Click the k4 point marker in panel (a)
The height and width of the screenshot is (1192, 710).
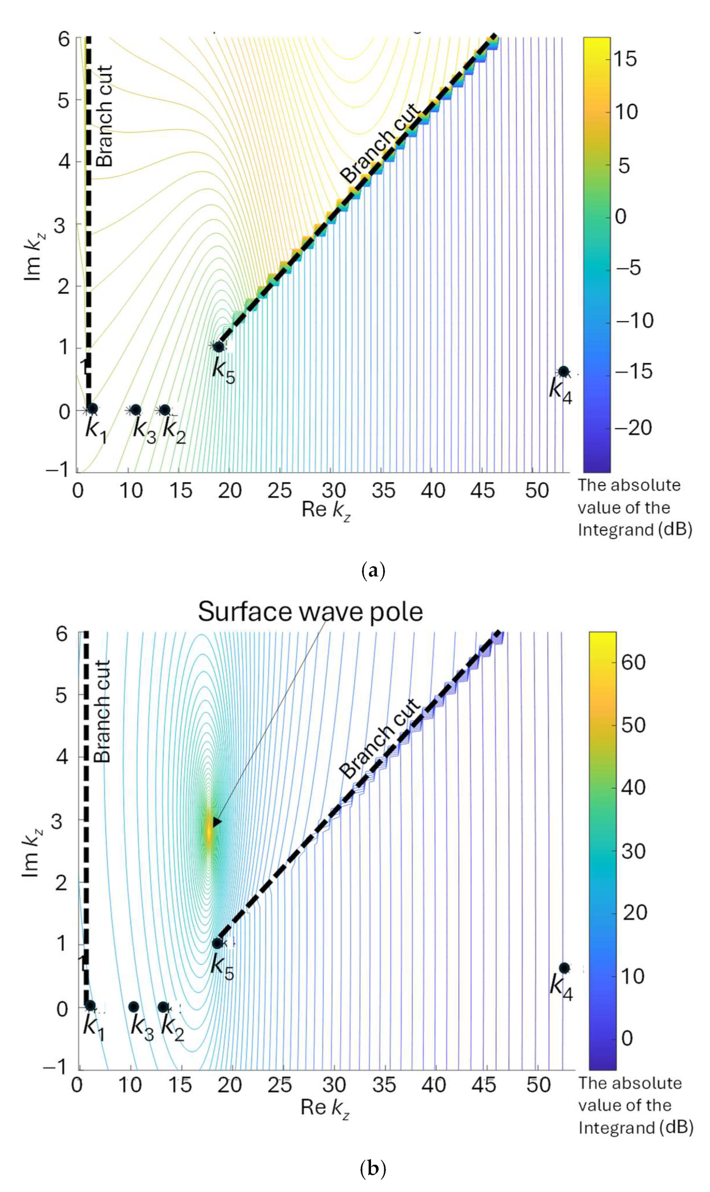pyautogui.click(x=563, y=371)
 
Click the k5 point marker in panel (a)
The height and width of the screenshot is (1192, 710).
pyautogui.click(x=219, y=347)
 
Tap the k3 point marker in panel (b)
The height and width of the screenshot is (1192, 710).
pyautogui.click(x=134, y=1007)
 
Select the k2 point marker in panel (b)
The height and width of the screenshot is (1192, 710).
pyautogui.click(x=163, y=1007)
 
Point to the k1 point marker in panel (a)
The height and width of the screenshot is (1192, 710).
pyautogui.click(x=92, y=409)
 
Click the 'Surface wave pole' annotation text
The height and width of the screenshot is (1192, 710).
pyautogui.click(x=310, y=612)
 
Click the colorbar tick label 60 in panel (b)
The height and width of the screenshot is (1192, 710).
pyautogui.click(x=633, y=662)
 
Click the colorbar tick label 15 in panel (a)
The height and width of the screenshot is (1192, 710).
pyautogui.click(x=624, y=58)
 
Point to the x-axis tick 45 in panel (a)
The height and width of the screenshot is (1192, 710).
pyautogui.click(x=482, y=491)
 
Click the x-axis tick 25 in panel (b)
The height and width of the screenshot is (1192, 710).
pyautogui.click(x=279, y=1085)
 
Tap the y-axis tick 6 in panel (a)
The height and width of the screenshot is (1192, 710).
pyautogui.click(x=64, y=39)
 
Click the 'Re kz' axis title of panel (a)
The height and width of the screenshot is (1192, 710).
pyautogui.click(x=326, y=510)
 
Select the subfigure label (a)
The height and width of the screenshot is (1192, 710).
pyautogui.click(x=373, y=571)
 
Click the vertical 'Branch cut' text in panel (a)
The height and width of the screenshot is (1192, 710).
pyautogui.click(x=105, y=116)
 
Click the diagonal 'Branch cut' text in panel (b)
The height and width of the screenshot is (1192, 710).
pyautogui.click(x=379, y=738)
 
